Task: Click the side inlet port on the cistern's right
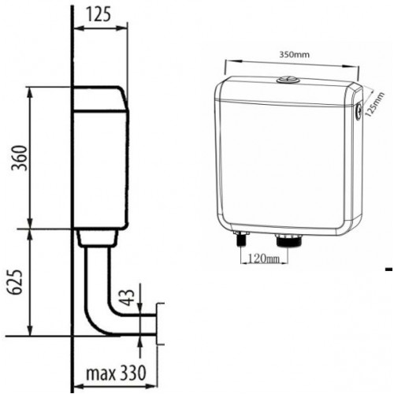(359, 112)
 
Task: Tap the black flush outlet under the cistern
(288, 240)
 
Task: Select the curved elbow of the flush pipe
(98, 315)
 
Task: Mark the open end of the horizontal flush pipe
(158, 323)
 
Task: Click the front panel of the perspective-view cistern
(284, 165)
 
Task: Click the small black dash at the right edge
(388, 270)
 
